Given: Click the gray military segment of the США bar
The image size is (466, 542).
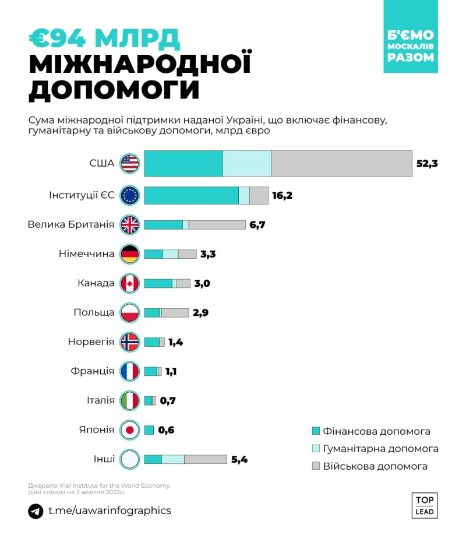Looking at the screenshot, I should pos(341,163).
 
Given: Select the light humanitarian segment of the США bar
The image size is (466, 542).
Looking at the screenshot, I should pos(247,163).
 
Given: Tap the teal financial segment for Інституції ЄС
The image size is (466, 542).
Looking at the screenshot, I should pos(191,195).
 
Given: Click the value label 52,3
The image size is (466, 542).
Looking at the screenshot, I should pos(427,163).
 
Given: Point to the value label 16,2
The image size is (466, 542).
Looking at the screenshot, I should pos(282,195).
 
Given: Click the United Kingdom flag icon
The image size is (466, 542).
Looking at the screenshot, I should pos(130,224).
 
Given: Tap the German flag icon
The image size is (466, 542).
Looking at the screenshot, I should pos(130,254).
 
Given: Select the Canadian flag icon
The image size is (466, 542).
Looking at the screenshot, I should pos(130,283).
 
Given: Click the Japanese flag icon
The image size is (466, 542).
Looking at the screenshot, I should pos(130,430).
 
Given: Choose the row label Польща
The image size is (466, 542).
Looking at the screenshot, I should pos(94,312).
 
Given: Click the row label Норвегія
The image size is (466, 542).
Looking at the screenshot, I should pos(91,342).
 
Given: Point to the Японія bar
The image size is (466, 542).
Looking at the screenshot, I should pos(149,430).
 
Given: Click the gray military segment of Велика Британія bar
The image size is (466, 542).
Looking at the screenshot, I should pos(217,224).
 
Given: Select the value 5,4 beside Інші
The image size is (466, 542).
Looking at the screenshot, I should pos(240,459).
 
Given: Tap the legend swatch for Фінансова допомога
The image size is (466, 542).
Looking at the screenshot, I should pos(316,431).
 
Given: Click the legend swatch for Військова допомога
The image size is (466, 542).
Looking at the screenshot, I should pos(316,466).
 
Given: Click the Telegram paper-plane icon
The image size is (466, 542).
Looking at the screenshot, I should pos(36,511).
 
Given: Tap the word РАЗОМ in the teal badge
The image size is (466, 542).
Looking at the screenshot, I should pos(411,57).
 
